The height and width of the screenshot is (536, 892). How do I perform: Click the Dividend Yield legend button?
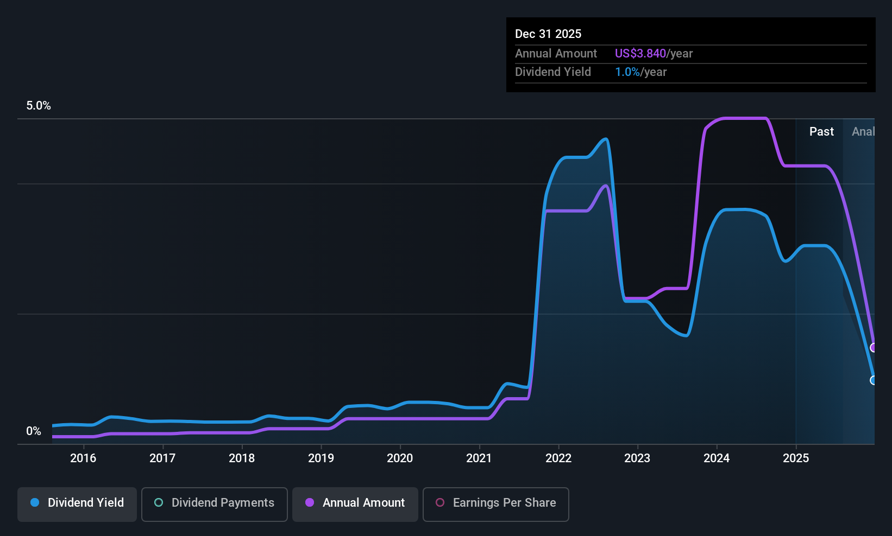coord(77,504)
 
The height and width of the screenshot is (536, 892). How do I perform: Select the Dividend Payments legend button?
coord(214,504)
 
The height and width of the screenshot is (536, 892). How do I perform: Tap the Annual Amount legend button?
coord(355,504)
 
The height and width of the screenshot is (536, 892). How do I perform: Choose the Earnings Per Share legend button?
coord(496,504)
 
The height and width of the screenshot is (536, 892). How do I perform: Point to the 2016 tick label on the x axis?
coord(83,458)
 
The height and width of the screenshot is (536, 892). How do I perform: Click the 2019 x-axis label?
coord(321,458)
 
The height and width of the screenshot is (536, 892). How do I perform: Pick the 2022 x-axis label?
coord(558,458)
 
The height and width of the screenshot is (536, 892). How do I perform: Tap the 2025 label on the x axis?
coord(796,458)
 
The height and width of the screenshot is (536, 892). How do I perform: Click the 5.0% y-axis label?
coord(39,106)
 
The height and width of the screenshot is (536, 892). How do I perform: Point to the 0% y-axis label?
coord(34,431)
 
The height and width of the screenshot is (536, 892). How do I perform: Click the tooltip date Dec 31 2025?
coord(548,34)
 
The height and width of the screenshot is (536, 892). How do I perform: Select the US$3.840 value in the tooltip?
coord(640,53)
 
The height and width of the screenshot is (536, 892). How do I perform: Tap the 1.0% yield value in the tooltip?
coord(627,72)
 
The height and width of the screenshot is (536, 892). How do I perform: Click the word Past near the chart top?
coord(821,132)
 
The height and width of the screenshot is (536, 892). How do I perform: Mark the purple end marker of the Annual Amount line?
coord(873,348)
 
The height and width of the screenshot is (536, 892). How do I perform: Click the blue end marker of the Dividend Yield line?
coord(873,380)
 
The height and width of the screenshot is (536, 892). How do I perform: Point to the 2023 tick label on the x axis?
coord(637,458)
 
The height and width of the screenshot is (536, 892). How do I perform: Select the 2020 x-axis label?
coord(400,458)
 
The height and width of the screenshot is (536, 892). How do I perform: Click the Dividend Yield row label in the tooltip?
coord(552,72)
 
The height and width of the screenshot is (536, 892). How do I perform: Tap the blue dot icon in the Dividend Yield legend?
coord(35,502)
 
